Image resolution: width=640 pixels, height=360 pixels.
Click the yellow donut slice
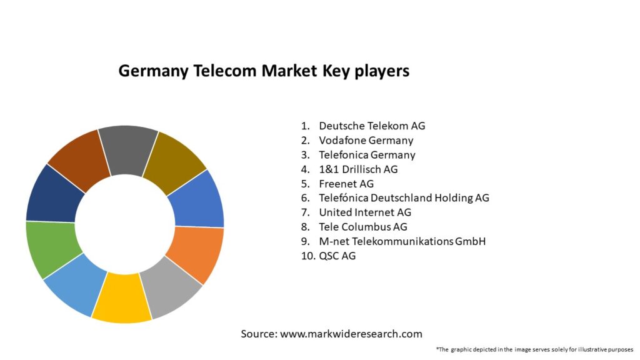[122, 299]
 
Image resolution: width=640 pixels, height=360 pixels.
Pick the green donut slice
[51, 249]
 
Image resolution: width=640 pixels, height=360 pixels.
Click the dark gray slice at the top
[127, 148]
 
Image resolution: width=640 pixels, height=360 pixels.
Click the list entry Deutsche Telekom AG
[372, 126]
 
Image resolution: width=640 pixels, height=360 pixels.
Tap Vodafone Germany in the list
[366, 140]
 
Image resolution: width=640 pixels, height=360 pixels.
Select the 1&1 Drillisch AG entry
[358, 169]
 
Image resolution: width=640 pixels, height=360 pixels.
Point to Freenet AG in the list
[346, 184]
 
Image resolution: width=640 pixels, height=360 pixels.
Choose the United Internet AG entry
[365, 212]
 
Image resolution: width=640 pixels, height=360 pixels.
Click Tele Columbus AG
[362, 227]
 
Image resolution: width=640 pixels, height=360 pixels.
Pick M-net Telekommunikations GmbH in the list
[402, 241]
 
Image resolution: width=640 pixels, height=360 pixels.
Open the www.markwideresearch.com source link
[351, 334]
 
